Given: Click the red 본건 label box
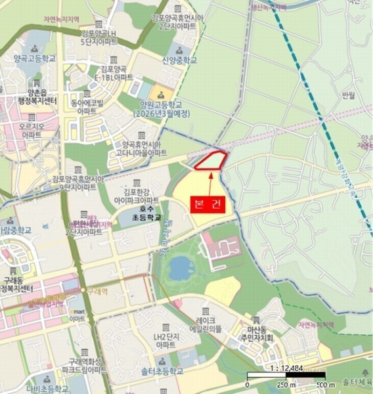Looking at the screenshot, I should coord(209,204).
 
